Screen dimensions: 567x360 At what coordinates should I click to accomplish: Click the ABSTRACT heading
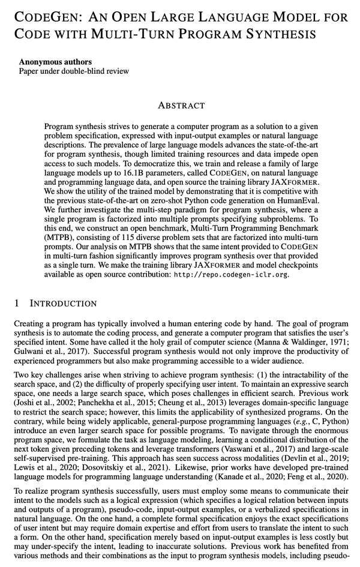click(181, 106)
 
